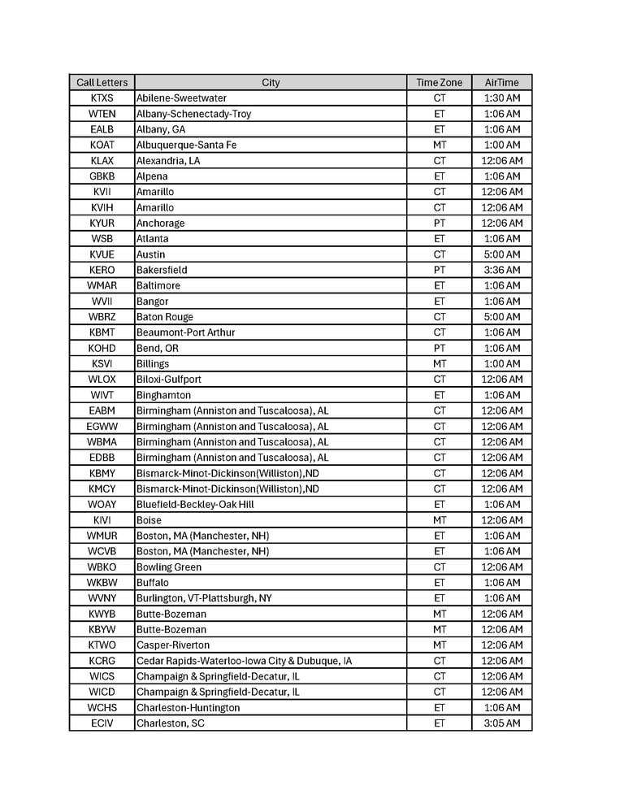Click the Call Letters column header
point(102,82)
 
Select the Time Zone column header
point(439,82)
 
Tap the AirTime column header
point(501,82)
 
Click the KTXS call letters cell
point(102,98)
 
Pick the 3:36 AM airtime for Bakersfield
point(501,270)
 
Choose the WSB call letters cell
point(102,239)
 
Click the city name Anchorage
point(160,223)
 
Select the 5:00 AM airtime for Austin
point(501,254)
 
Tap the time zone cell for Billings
point(439,363)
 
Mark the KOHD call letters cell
point(102,348)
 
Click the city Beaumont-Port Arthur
point(185,332)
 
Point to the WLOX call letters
point(102,380)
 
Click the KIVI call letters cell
point(102,520)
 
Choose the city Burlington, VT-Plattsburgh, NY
point(204,598)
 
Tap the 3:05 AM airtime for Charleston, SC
point(501,723)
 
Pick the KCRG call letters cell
point(102,661)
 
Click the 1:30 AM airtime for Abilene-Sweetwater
point(501,98)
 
